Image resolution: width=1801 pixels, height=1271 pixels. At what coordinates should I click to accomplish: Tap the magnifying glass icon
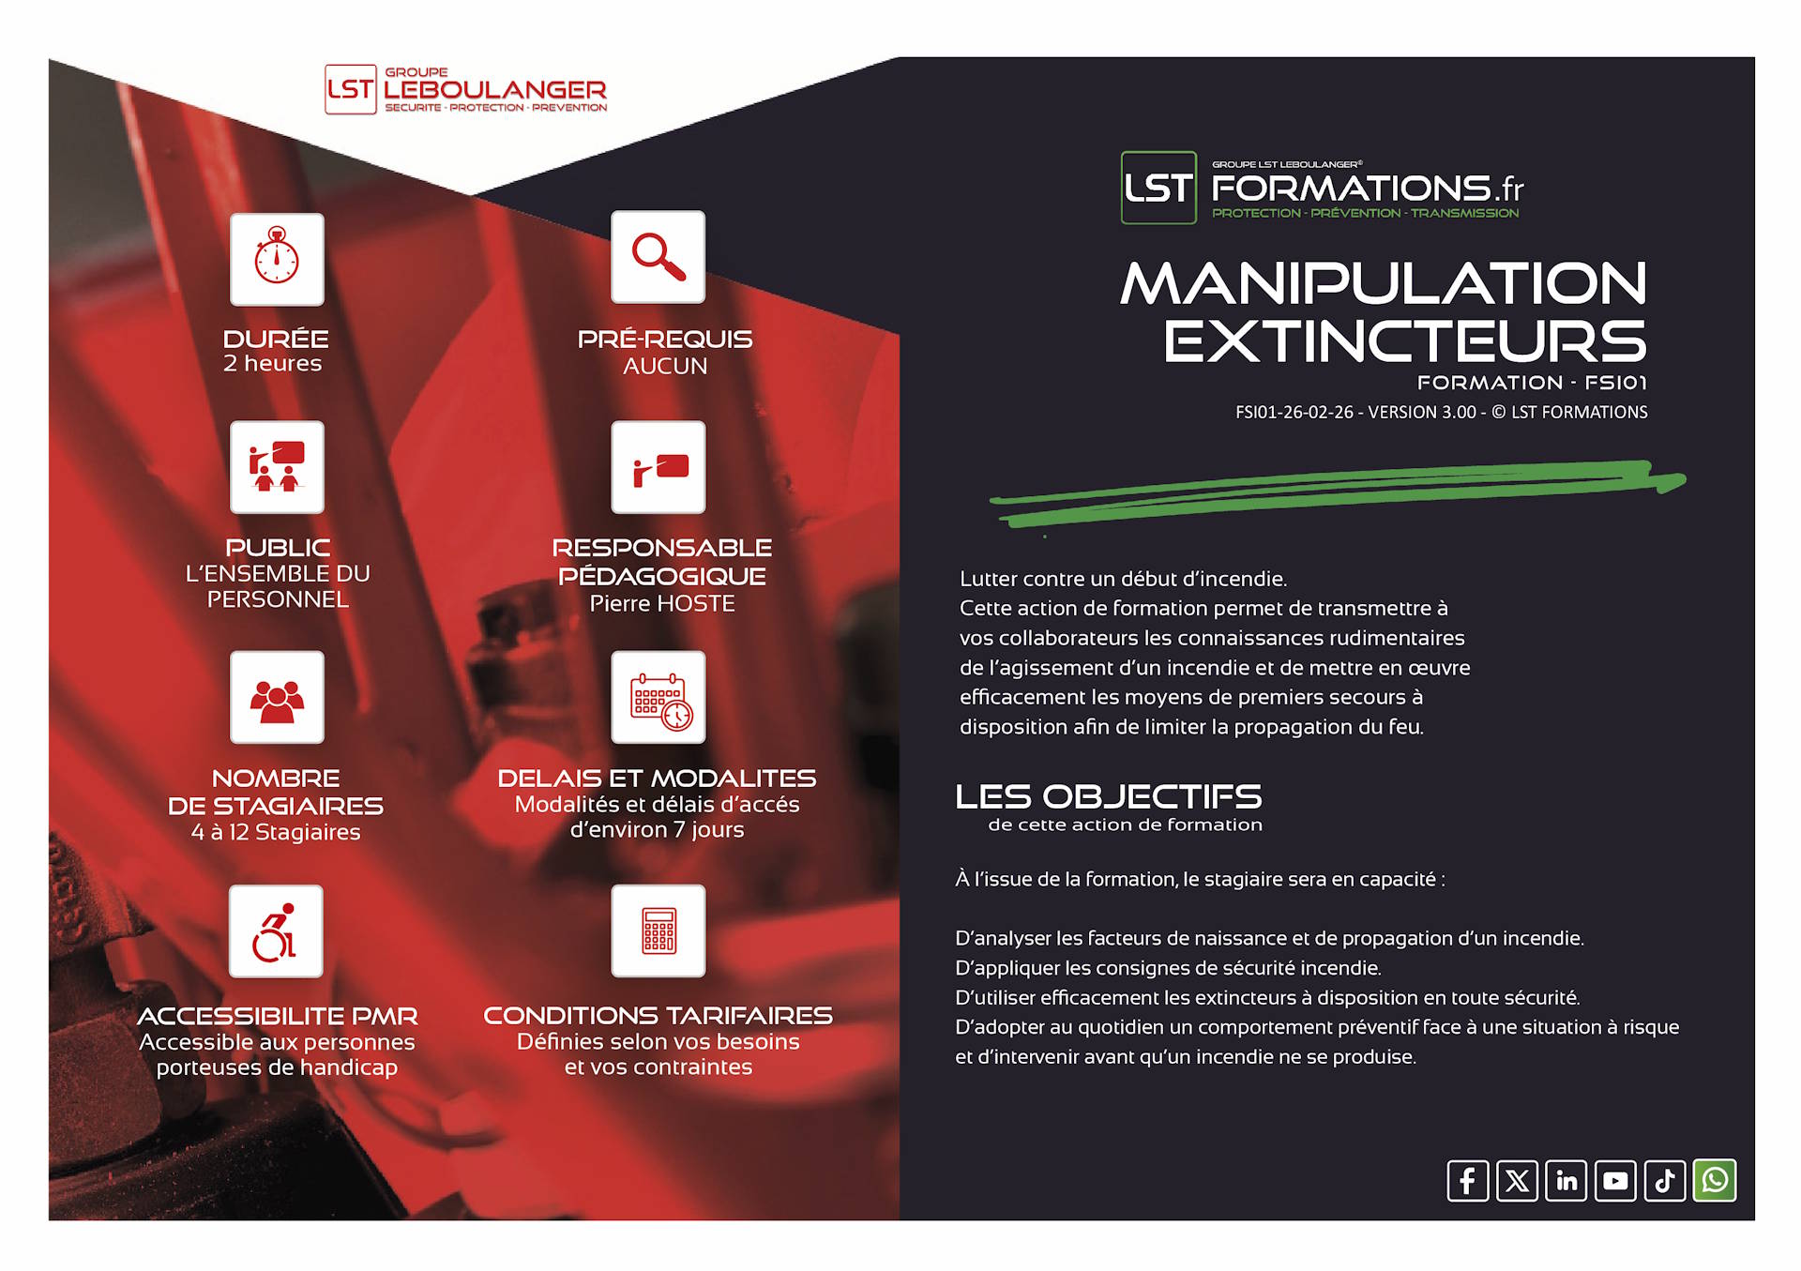point(658,257)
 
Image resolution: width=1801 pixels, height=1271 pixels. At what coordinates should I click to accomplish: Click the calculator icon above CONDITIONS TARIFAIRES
point(658,931)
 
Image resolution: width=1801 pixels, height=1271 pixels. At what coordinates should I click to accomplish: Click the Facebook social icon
point(1468,1180)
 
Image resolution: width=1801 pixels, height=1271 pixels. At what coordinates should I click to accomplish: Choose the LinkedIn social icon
point(1566,1180)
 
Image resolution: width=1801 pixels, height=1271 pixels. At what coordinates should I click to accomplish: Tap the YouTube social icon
point(1615,1180)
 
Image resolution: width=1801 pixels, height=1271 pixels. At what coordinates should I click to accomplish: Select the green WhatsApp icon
point(1715,1180)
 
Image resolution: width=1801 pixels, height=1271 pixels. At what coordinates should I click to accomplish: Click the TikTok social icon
point(1665,1180)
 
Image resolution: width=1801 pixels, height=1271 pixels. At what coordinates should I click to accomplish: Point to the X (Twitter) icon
point(1517,1180)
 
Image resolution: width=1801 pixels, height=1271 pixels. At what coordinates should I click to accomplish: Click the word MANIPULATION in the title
point(1384,283)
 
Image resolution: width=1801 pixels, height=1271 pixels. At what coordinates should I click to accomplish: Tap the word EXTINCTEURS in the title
point(1405,340)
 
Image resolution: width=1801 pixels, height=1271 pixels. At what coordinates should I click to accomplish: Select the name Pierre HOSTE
point(662,604)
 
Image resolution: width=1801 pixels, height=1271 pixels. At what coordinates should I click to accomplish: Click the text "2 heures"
point(272,364)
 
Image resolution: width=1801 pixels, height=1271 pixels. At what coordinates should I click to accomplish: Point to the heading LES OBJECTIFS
point(1109,796)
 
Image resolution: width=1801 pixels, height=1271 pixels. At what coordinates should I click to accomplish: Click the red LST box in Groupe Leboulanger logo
point(351,89)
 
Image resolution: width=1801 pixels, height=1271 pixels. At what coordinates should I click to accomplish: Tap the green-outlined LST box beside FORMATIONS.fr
point(1158,188)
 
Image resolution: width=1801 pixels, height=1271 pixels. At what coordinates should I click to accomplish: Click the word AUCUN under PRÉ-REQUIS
point(665,366)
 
